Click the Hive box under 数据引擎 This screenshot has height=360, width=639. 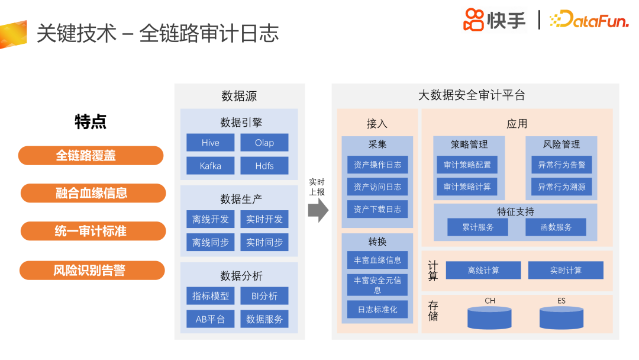coord(210,143)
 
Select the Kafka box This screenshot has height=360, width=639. coord(210,166)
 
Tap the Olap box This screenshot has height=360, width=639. coord(264,143)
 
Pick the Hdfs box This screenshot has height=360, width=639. coord(264,166)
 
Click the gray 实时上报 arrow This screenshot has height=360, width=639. coord(318,209)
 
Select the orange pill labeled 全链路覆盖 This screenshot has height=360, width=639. coord(91,156)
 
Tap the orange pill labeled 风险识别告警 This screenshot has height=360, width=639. coord(91,271)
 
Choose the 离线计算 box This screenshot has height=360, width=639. coord(483,271)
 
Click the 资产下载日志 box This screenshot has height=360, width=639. coord(377,209)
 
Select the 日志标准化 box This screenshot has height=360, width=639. coord(377,310)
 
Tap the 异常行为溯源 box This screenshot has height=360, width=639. coord(561,187)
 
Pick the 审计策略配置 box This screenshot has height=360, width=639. coord(467,165)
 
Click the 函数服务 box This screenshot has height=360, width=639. coord(556,227)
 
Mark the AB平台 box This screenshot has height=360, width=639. coord(210,319)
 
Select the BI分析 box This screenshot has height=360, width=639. coord(264,296)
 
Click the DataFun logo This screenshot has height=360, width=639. coord(588,21)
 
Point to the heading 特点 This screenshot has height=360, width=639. coord(91,122)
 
